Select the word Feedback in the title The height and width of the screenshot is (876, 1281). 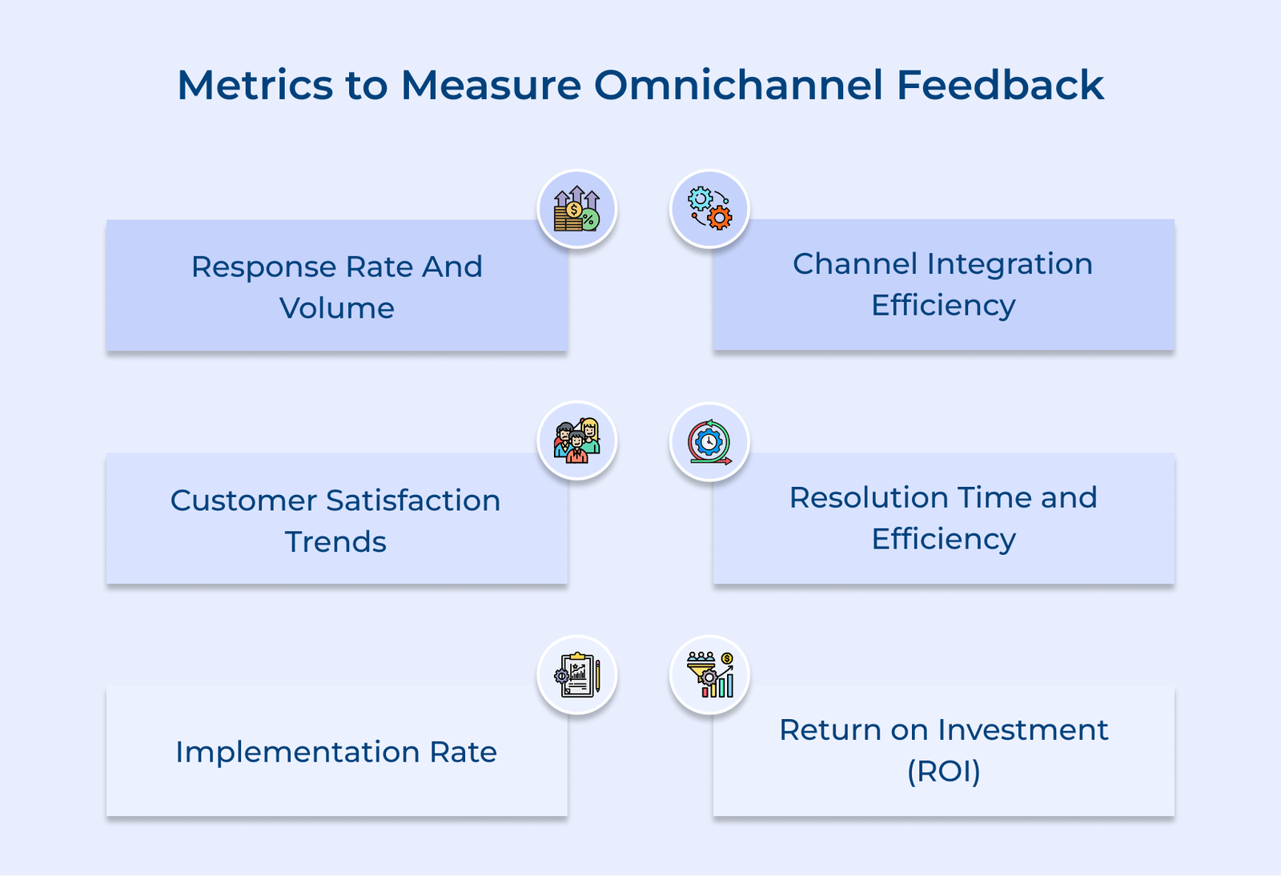[999, 85]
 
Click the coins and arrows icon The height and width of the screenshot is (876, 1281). [576, 209]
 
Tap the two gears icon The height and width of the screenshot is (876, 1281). [709, 209]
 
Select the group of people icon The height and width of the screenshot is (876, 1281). [576, 441]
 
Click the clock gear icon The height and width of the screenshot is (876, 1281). [709, 442]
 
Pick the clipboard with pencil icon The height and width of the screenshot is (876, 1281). [576, 675]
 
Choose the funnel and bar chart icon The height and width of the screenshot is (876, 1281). [709, 675]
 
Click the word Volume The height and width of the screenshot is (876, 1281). [336, 308]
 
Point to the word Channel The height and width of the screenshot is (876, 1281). [854, 263]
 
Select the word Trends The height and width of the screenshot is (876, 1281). [335, 542]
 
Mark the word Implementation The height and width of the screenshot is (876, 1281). [297, 752]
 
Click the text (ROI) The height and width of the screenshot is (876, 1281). [943, 771]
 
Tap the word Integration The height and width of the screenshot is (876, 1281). [1010, 263]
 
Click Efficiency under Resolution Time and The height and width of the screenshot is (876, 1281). [943, 539]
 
